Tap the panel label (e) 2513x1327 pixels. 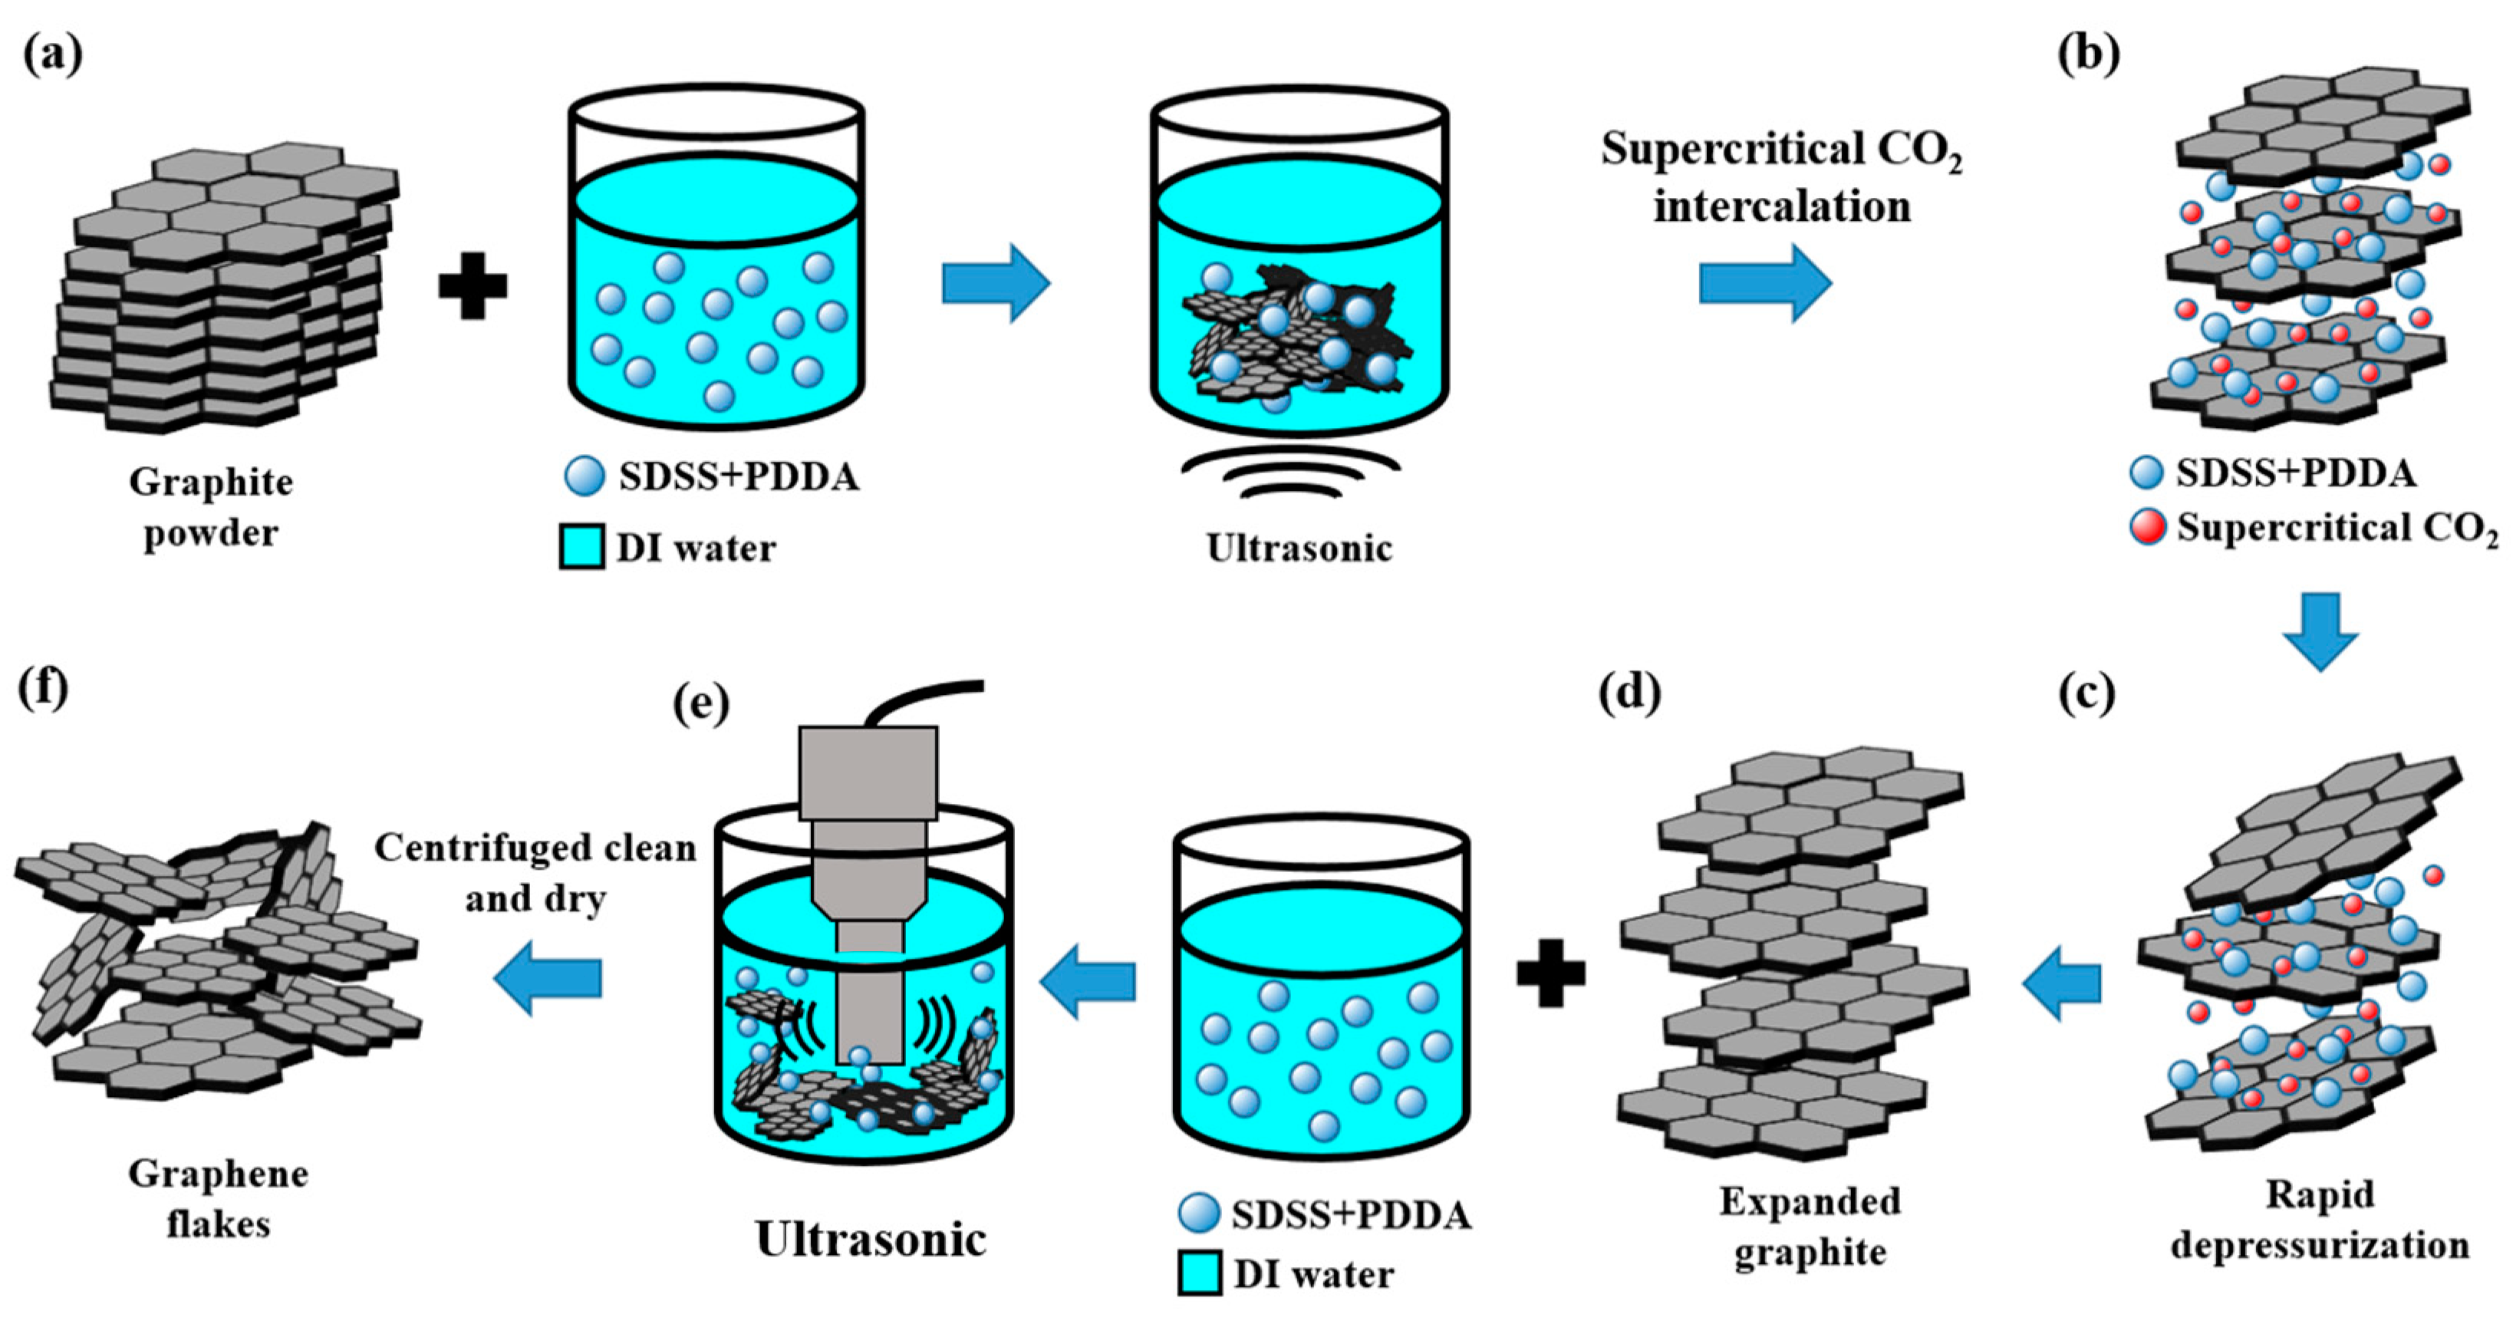701,703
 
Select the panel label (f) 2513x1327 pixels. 43,689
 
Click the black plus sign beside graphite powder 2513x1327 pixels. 473,284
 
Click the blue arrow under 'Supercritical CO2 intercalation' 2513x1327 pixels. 1765,283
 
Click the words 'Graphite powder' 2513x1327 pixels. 212,507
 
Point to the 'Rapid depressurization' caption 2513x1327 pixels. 2320,1220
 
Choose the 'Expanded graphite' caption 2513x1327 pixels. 1810,1226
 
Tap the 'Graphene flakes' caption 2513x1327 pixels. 219,1198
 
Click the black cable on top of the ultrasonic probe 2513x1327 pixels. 917,698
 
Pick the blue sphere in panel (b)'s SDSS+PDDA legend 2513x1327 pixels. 2146,473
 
